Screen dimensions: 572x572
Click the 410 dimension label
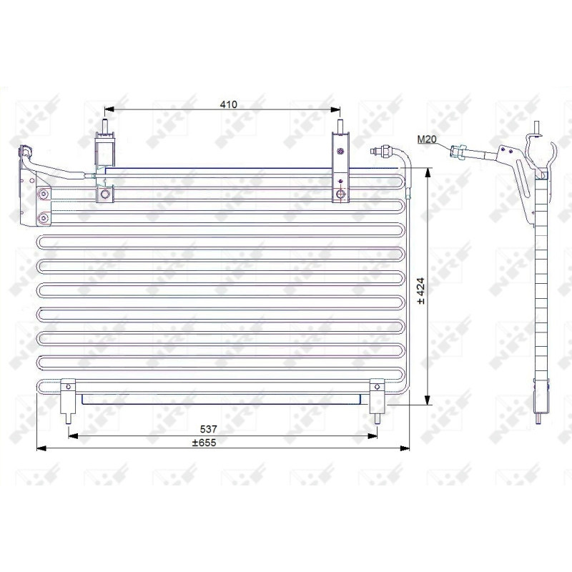pyautogui.click(x=228, y=104)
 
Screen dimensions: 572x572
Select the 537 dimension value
pyautogui.click(x=208, y=429)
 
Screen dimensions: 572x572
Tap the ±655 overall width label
pyautogui.click(x=204, y=442)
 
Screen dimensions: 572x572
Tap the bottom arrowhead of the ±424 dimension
pyautogui.click(x=428, y=402)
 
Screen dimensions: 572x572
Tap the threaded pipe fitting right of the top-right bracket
pyautogui.click(x=378, y=151)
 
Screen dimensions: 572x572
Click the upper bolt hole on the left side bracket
pyautogui.click(x=44, y=194)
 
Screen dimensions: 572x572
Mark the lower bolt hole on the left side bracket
pyautogui.click(x=44, y=217)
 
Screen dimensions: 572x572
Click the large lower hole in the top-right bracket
pyautogui.click(x=341, y=194)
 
